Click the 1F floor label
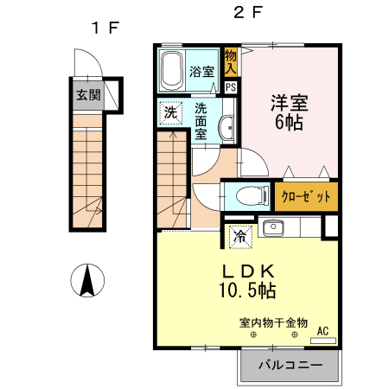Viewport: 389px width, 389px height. (x=105, y=27)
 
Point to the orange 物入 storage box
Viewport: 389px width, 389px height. (x=231, y=61)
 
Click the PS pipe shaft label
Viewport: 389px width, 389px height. (x=231, y=86)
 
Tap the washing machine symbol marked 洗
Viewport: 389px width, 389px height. (x=171, y=113)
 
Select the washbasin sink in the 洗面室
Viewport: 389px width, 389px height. (x=226, y=126)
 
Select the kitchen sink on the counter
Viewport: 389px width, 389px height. (x=272, y=228)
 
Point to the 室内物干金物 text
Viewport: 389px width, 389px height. (x=272, y=324)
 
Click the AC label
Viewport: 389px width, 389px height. (x=322, y=330)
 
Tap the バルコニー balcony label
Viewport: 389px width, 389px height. (x=292, y=366)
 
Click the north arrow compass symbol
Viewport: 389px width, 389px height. (x=87, y=281)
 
